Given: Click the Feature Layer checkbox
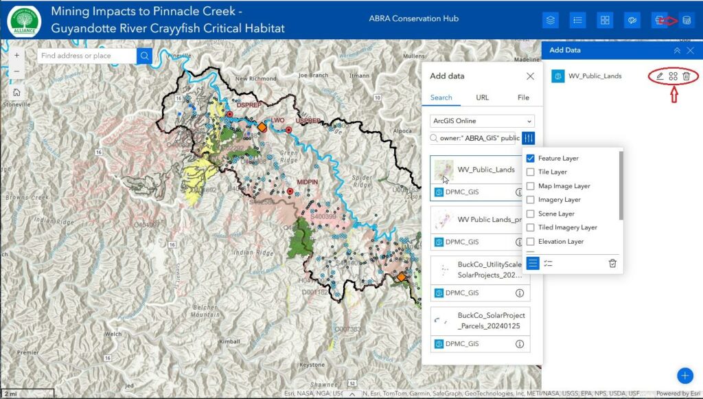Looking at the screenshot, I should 530,158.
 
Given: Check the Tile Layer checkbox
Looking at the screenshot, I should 530,172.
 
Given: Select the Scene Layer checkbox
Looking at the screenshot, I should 530,214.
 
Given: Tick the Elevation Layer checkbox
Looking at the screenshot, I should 530,241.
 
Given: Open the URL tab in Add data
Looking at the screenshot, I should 483,98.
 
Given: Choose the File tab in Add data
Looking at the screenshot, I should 523,98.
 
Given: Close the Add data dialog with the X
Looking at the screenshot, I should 530,76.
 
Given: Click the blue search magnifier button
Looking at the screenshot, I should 144,56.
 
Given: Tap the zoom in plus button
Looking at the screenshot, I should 16,55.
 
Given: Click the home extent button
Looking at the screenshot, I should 16,92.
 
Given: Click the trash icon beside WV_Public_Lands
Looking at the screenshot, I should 686,76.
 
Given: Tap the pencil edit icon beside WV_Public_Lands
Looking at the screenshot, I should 660,76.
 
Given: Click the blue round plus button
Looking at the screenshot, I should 684,375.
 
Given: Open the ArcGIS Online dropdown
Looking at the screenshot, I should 482,121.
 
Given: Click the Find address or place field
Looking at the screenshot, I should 86,56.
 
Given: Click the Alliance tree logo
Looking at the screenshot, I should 25,20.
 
